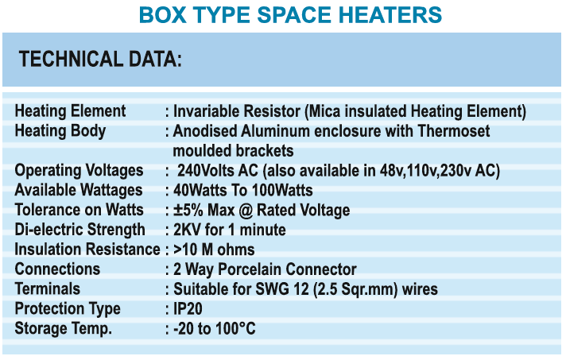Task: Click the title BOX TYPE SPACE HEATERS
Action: tap(290, 15)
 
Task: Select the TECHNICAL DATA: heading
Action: tap(100, 59)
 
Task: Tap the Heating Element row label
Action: tap(70, 110)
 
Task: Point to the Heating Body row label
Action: tap(60, 130)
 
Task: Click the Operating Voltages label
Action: tap(79, 170)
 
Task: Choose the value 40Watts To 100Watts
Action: tap(243, 190)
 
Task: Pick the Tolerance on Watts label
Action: tap(79, 210)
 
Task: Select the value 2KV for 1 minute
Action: tap(230, 230)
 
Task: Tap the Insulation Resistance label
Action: tap(87, 250)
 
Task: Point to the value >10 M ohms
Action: tap(214, 250)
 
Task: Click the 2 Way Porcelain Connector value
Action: tap(265, 269)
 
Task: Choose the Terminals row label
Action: tap(47, 288)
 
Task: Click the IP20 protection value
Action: tap(188, 309)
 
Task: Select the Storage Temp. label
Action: tap(63, 328)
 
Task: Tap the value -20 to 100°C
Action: tap(215, 329)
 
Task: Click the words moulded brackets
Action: tap(233, 150)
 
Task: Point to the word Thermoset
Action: tap(454, 131)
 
